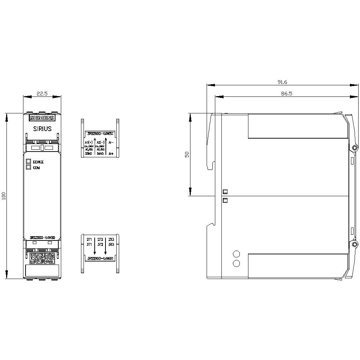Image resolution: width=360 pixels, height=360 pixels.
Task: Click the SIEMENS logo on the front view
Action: click(42, 118)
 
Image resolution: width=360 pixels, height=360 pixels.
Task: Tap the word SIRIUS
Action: click(42, 129)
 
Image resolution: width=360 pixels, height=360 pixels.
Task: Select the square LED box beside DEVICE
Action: click(28, 162)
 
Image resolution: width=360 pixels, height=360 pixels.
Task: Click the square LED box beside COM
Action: click(28, 167)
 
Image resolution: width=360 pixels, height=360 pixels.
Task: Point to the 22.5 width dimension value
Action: click(42, 94)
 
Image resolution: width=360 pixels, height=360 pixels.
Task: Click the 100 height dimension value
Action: click(4, 196)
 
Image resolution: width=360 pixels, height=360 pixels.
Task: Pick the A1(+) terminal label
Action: click(89, 143)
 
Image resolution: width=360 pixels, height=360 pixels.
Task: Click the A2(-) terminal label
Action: click(100, 143)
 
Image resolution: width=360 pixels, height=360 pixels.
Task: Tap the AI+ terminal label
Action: click(111, 154)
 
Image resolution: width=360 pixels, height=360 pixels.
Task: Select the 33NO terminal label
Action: click(89, 154)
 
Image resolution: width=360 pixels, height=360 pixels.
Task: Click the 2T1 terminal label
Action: click(89, 239)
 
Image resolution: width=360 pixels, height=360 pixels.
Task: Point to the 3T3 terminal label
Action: click(111, 244)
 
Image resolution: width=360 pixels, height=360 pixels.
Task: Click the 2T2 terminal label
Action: click(100, 239)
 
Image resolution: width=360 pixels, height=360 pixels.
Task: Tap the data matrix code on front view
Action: click(42, 258)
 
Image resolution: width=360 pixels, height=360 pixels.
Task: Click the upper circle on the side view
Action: click(237, 253)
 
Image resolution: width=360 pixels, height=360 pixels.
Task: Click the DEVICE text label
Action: click(38, 162)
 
